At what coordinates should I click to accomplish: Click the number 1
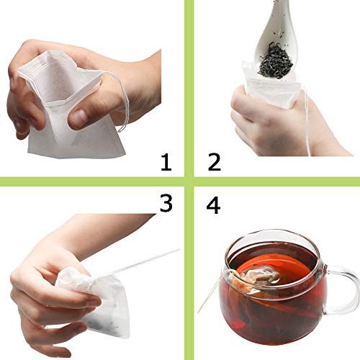(166, 162)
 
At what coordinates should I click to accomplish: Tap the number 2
(214, 162)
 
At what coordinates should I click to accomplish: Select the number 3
(166, 203)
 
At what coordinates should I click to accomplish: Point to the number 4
(214, 204)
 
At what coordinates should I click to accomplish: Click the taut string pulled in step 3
(137, 262)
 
